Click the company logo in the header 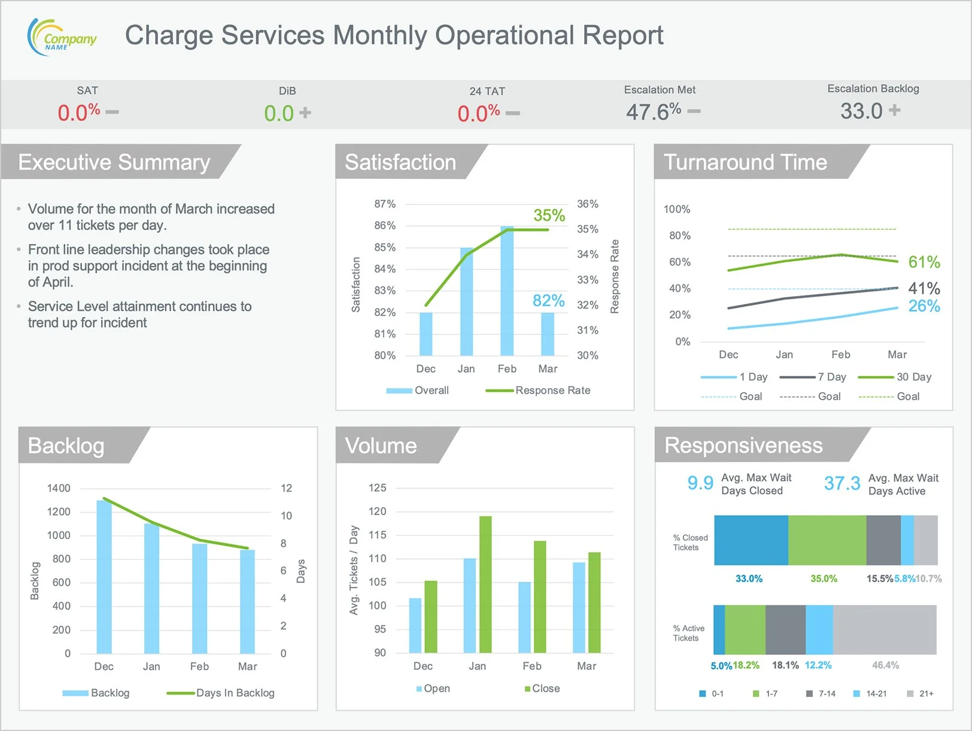click(x=62, y=37)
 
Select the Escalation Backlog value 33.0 click(x=861, y=111)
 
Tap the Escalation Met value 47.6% click(x=653, y=112)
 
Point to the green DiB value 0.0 click(x=279, y=113)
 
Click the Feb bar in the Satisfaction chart click(x=507, y=291)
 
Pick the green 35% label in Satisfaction click(x=549, y=215)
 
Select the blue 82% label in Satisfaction click(x=548, y=300)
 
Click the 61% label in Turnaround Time click(x=924, y=262)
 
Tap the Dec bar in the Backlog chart click(x=104, y=577)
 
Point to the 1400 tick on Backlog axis click(x=59, y=488)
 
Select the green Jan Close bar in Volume click(x=485, y=584)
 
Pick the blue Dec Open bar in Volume click(x=415, y=625)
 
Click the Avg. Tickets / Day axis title click(x=354, y=570)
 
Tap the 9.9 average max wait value click(x=700, y=483)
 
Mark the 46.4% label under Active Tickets click(x=885, y=665)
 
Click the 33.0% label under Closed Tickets click(x=749, y=578)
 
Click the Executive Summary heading click(x=114, y=162)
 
